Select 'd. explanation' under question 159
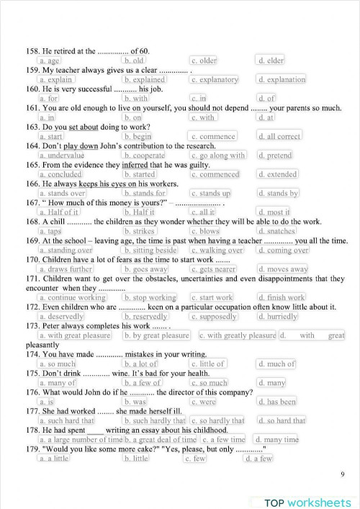click(x=282, y=80)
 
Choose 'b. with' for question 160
click(x=135, y=99)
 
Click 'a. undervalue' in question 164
click(x=61, y=155)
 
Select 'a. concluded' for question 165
click(x=60, y=174)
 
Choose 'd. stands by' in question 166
click(x=278, y=193)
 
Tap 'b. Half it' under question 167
click(x=139, y=212)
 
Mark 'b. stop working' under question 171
click(x=150, y=297)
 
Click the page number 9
click(x=341, y=475)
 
